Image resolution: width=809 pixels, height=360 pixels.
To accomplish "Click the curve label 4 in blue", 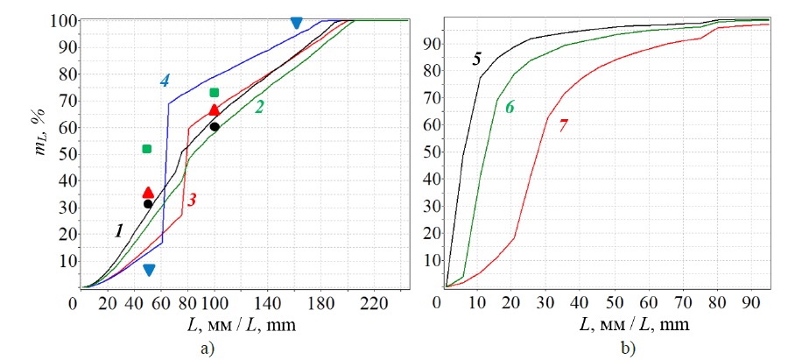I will [165, 81].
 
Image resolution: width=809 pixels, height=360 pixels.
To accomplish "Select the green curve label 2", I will [259, 107].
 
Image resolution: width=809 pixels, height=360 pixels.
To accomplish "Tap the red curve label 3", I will [191, 200].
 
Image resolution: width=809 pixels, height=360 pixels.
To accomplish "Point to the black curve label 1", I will [117, 230].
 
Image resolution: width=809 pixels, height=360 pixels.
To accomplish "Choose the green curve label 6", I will [510, 107].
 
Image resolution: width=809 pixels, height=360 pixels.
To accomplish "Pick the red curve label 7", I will [563, 125].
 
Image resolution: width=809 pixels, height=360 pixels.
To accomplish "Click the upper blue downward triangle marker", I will [296, 23].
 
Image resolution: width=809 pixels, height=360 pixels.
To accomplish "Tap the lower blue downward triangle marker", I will [149, 270].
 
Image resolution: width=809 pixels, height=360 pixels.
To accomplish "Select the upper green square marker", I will [215, 93].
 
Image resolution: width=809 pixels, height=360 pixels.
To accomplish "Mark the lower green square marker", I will [147, 149].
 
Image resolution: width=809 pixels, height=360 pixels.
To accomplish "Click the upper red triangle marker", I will [215, 109].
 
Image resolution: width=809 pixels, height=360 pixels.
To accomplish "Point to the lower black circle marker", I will [148, 204].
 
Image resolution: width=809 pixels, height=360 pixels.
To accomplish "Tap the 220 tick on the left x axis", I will [374, 304].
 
